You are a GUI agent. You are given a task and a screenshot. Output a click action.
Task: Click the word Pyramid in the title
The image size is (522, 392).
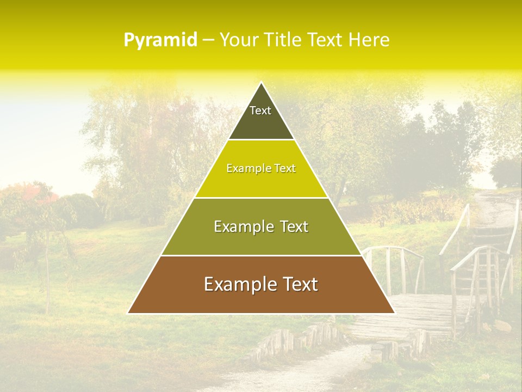pos(160,40)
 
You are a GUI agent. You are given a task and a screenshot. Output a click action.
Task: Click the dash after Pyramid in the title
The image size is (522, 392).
pos(208,40)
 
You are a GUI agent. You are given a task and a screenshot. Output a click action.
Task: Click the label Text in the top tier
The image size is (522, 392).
pos(260,111)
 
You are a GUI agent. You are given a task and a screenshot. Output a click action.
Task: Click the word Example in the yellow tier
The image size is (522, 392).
pos(246,169)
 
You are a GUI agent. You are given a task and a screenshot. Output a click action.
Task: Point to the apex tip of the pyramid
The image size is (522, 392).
pos(261,83)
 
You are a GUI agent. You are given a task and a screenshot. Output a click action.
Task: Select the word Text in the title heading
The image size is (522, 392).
pos(325,40)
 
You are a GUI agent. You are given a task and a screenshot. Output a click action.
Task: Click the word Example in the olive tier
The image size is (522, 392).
pos(241,226)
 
